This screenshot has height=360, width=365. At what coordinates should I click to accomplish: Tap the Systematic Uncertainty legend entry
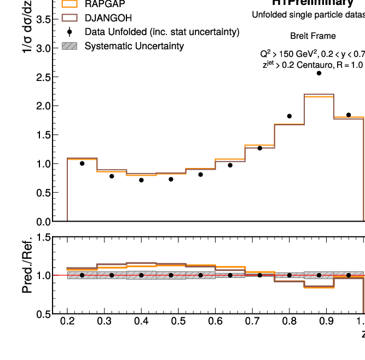pyautogui.click(x=134, y=46)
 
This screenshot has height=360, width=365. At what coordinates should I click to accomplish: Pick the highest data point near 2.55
pyautogui.click(x=319, y=73)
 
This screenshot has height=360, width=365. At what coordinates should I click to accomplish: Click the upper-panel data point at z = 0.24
pyautogui.click(x=82, y=163)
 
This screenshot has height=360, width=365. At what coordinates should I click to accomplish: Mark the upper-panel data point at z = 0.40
pyautogui.click(x=141, y=180)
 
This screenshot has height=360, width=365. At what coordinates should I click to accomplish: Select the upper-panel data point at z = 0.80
pyautogui.click(x=289, y=116)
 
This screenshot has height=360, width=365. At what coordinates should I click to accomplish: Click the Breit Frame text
pyautogui.click(x=313, y=37)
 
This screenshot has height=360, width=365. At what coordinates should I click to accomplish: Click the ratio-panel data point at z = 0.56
pyautogui.click(x=201, y=275)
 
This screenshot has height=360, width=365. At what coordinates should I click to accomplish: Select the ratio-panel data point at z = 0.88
pyautogui.click(x=319, y=275)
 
